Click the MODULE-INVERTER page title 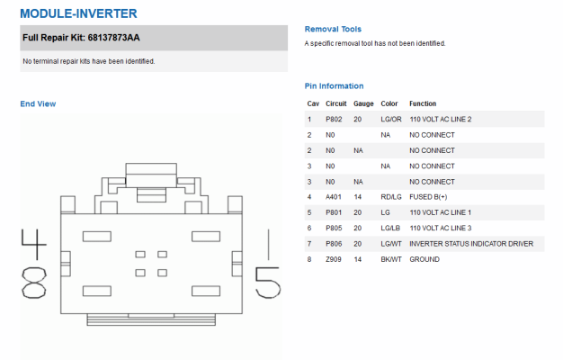tap(78, 13)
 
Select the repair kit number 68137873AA tap(113, 38)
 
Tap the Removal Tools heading tap(333, 29)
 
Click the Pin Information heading tap(334, 86)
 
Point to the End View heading tap(38, 103)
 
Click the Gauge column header tap(363, 103)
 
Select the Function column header tap(423, 103)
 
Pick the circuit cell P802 tap(334, 120)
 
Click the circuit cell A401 tap(334, 197)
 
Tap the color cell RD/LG tap(391, 197)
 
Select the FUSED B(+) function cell tap(428, 197)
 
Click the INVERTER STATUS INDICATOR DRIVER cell tap(471, 244)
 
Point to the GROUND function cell tap(424, 259)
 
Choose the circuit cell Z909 tap(334, 259)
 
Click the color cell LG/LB tap(390, 228)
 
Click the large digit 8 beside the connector tap(34, 283)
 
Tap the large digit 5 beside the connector tap(268, 283)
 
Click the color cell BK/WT tap(391, 259)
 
